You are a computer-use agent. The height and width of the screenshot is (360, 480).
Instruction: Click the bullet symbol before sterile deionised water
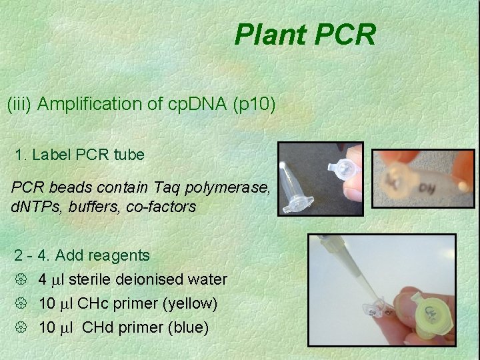19,280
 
